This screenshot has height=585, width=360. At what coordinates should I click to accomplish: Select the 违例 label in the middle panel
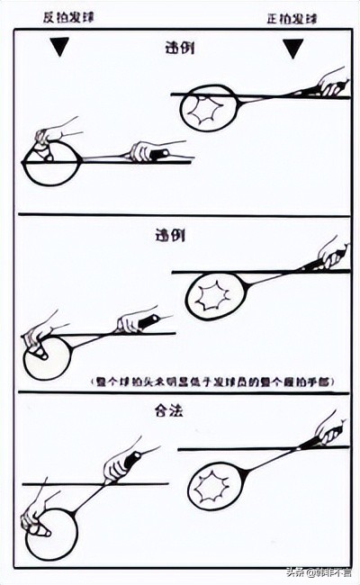169,237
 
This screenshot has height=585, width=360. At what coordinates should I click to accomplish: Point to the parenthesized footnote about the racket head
212,382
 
